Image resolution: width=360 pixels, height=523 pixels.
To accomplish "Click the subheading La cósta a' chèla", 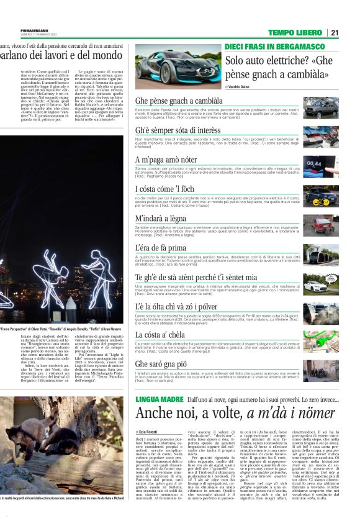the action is click(x=160, y=335).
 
